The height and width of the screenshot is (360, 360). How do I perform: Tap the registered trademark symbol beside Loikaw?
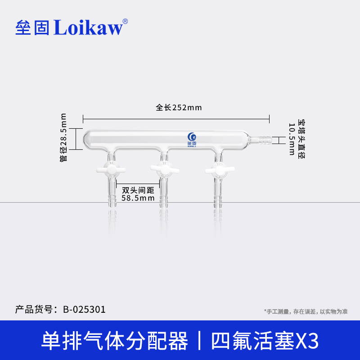tap(125, 21)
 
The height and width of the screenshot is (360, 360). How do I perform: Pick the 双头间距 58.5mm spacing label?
tap(138, 194)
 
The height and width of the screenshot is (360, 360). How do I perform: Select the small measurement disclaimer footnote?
tap(306, 311)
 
